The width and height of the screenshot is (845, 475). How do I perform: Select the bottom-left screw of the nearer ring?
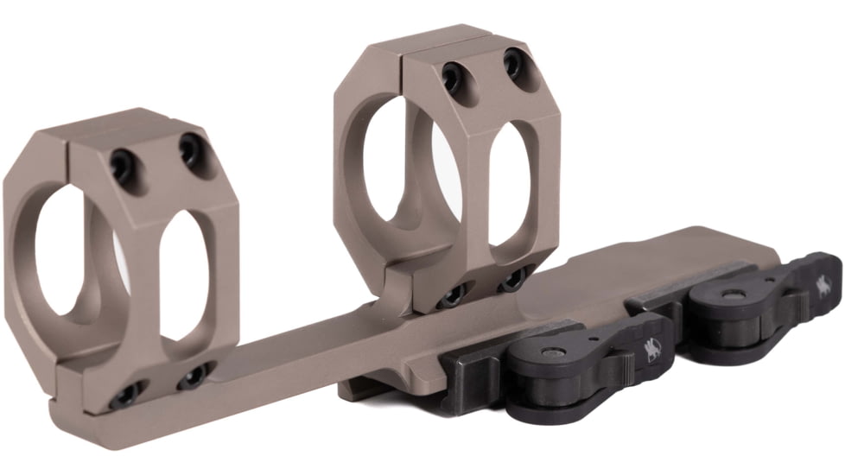pyautogui.click(x=128, y=395)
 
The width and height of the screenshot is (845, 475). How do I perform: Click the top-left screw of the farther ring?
pyautogui.click(x=451, y=77)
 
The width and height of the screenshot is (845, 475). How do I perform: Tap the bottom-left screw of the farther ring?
pyautogui.click(x=453, y=296)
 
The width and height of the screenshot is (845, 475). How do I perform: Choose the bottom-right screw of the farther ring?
pyautogui.click(x=513, y=277)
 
